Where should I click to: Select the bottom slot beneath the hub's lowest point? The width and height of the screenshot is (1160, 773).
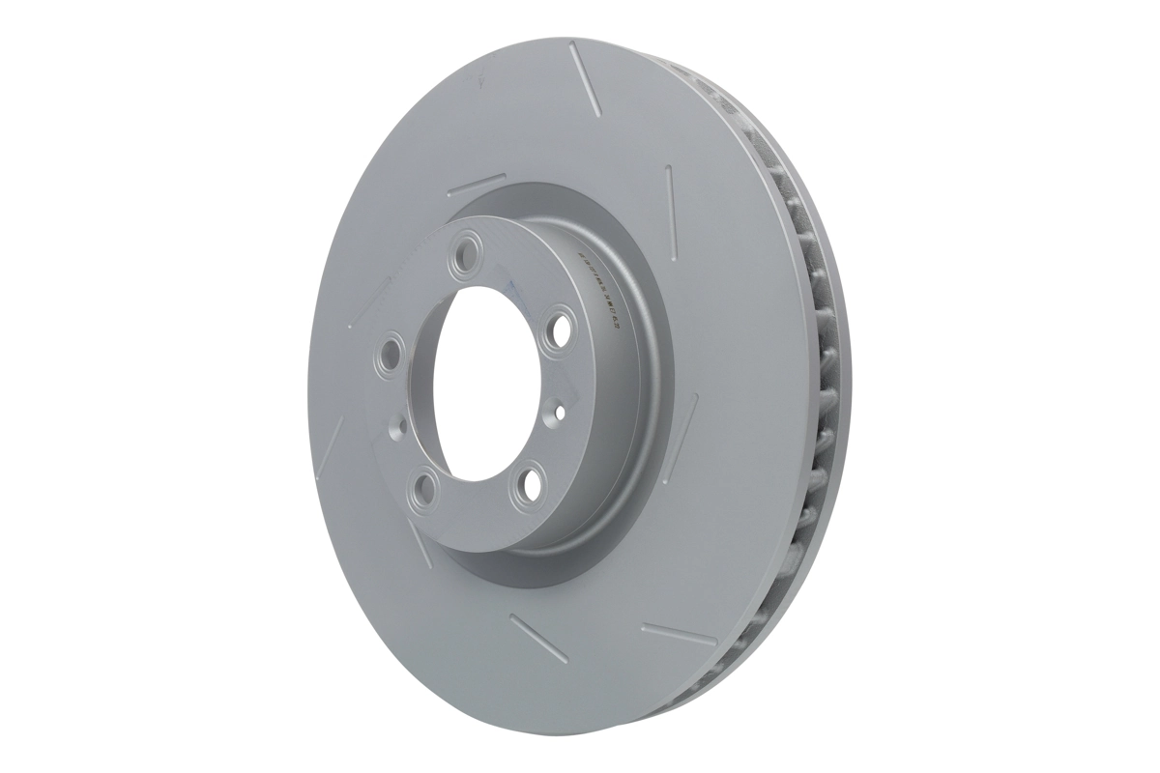pyautogui.click(x=537, y=638)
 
